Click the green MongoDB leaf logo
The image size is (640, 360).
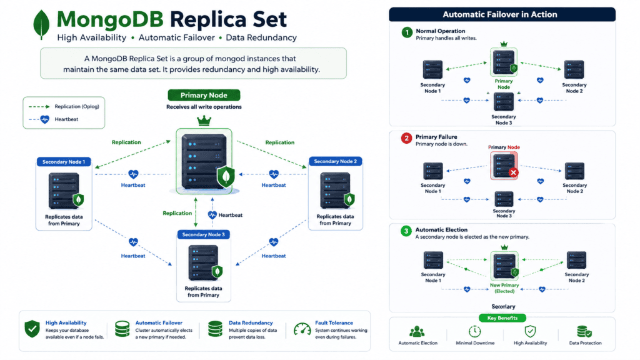pos(41,24)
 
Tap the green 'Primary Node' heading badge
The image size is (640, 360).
pos(204,95)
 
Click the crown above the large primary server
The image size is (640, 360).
pos(204,121)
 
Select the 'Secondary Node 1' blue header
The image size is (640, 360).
pos(64,162)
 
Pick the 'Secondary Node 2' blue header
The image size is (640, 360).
pos(335,161)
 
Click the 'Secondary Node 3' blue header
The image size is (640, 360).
pos(203,234)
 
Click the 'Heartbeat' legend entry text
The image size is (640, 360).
pos(66,119)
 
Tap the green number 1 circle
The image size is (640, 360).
pos(406,32)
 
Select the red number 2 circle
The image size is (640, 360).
pos(406,138)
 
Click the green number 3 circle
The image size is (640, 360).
pos(406,231)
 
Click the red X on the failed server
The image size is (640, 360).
pos(513,172)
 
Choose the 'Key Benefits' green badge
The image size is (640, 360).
pos(502,318)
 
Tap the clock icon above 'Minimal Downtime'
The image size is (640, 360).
pos(474,331)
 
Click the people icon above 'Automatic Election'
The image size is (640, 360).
pos(417,331)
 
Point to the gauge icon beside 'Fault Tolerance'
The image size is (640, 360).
pos(302,330)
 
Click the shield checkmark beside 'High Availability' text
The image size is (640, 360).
pos(32,329)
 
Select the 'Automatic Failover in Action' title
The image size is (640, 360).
pos(500,14)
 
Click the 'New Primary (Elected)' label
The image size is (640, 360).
pos(504,288)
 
